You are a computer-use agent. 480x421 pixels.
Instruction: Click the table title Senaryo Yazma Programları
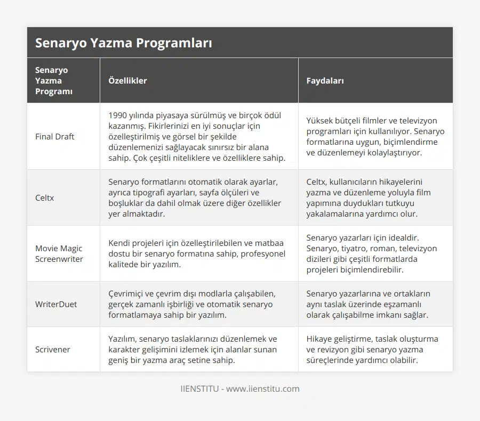[x=123, y=43]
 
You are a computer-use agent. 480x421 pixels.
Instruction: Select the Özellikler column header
[x=127, y=81]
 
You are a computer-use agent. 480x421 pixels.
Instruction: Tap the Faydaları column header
[x=325, y=81]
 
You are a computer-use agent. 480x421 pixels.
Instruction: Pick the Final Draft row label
[x=54, y=137]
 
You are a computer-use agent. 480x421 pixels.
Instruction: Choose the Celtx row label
[x=45, y=198]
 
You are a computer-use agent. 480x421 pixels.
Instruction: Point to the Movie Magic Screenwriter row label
[x=59, y=254]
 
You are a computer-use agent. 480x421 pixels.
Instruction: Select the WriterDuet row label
[x=56, y=304]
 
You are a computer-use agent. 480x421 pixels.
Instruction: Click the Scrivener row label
[x=53, y=350]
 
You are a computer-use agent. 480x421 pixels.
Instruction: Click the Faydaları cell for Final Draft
[x=375, y=137]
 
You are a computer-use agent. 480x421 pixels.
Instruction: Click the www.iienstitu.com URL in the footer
[x=262, y=389]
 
